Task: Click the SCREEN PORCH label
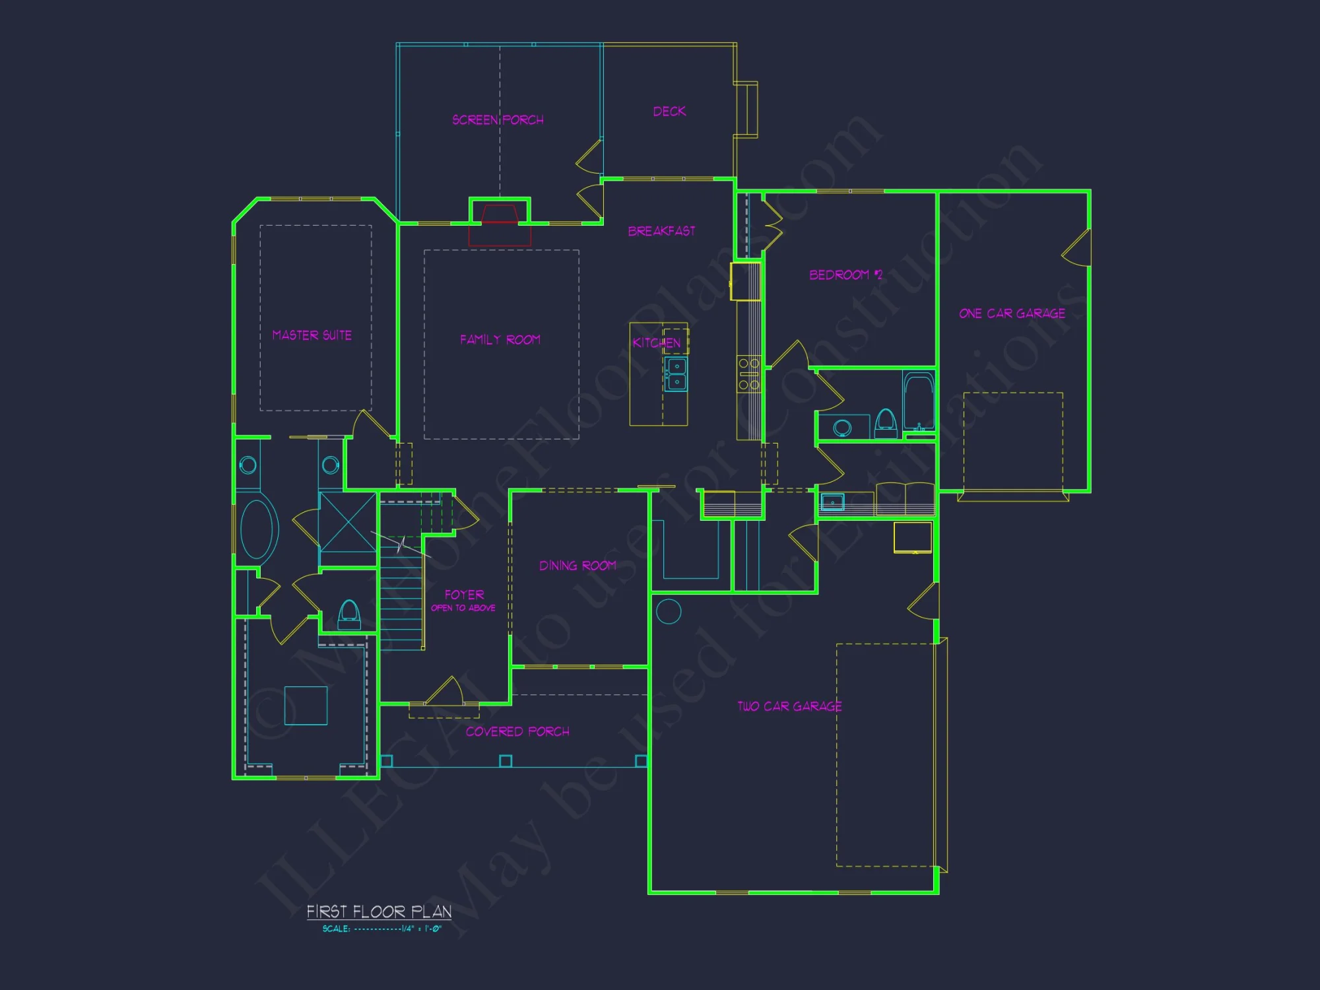coord(498,120)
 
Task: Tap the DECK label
coord(669,112)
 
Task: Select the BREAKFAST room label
coord(661,231)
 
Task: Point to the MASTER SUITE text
coord(312,335)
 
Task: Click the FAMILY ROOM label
coord(500,340)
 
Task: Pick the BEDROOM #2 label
coord(845,275)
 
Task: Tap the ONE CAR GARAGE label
coord(1012,313)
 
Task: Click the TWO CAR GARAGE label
coord(789,706)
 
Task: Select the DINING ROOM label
coord(577,566)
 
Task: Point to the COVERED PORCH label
coord(517,731)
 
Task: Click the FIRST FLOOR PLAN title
coord(379,911)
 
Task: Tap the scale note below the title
coord(381,929)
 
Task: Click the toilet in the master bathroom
coord(349,614)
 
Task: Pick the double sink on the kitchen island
coord(676,374)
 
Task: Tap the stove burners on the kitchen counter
coord(749,374)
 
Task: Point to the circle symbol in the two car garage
coord(669,611)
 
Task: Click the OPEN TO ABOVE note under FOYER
coord(463,608)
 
